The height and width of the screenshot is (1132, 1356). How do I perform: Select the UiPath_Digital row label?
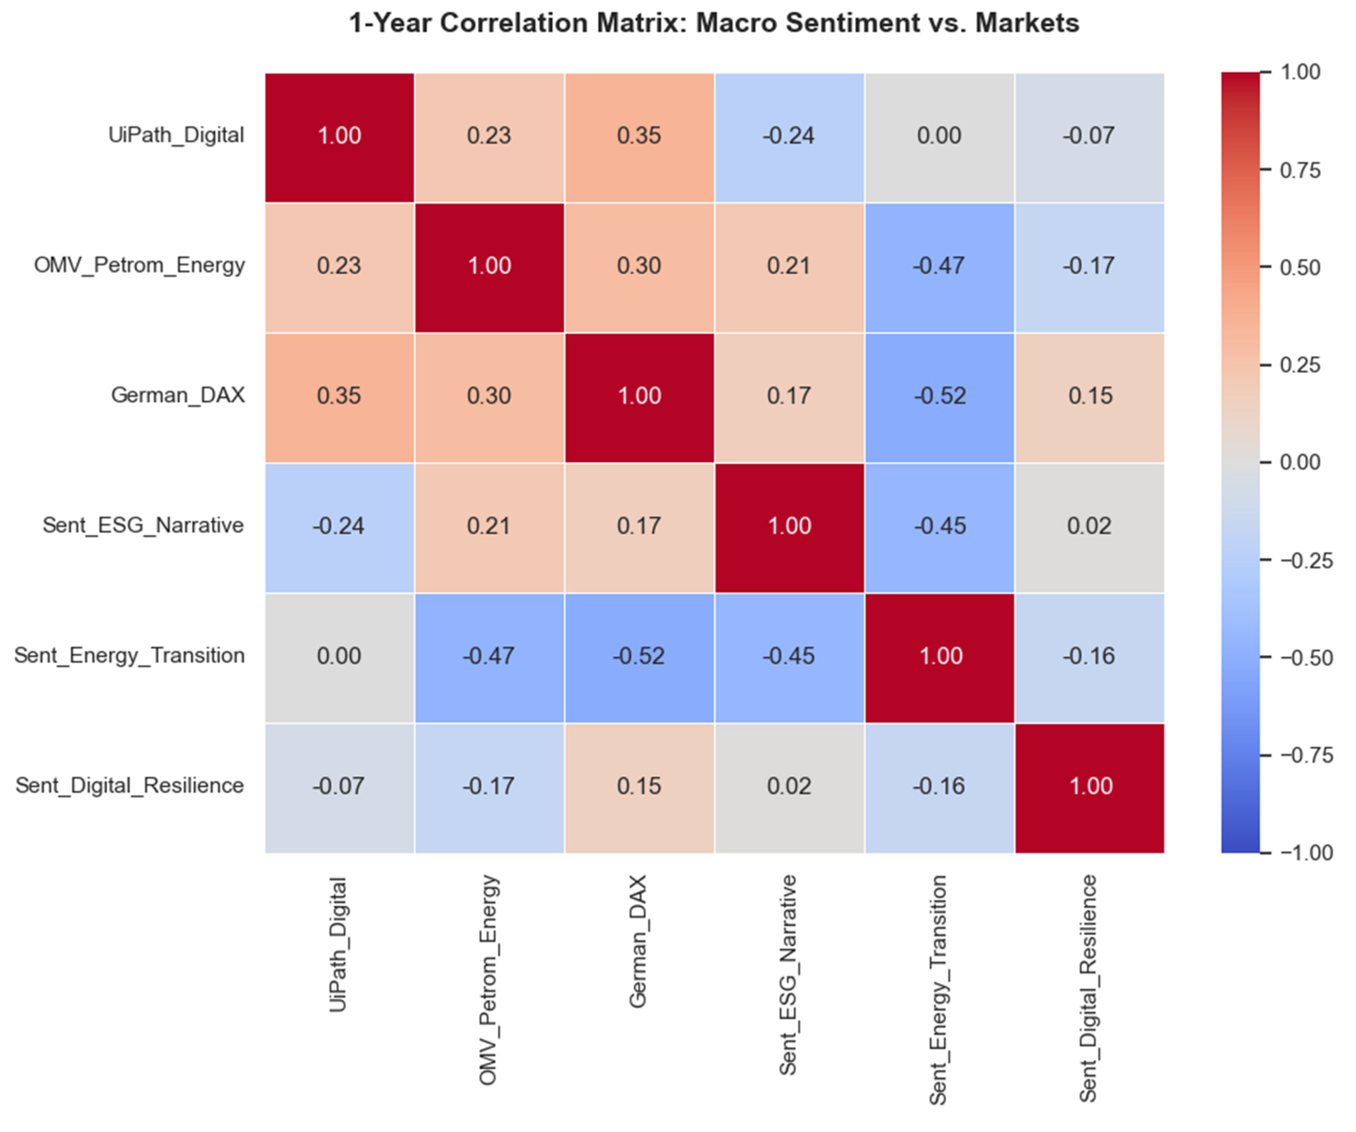(176, 135)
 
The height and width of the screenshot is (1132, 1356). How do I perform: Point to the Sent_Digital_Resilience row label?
(130, 786)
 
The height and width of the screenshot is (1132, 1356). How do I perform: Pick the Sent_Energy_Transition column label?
(938, 990)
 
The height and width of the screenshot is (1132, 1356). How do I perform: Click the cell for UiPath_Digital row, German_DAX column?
(639, 138)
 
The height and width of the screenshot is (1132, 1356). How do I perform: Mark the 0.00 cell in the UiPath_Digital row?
(939, 138)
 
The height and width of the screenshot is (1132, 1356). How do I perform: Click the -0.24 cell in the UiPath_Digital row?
(789, 138)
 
